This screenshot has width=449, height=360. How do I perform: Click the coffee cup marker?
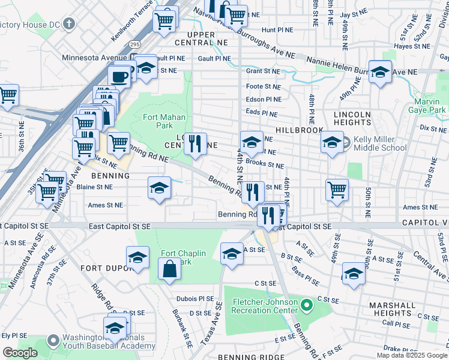point(119,76)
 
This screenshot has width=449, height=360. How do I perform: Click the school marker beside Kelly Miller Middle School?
point(332,143)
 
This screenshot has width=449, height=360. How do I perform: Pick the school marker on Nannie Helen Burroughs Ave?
point(380,73)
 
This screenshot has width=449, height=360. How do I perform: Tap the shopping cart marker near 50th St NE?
point(337,190)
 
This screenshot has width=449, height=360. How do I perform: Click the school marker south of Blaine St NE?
point(159,188)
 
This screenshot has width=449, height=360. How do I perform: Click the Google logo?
point(20,353)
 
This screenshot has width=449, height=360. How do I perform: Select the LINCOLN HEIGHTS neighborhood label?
point(354,118)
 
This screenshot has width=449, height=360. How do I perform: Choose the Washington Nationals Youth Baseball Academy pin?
point(53,341)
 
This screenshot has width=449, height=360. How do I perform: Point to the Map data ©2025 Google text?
point(412,355)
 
